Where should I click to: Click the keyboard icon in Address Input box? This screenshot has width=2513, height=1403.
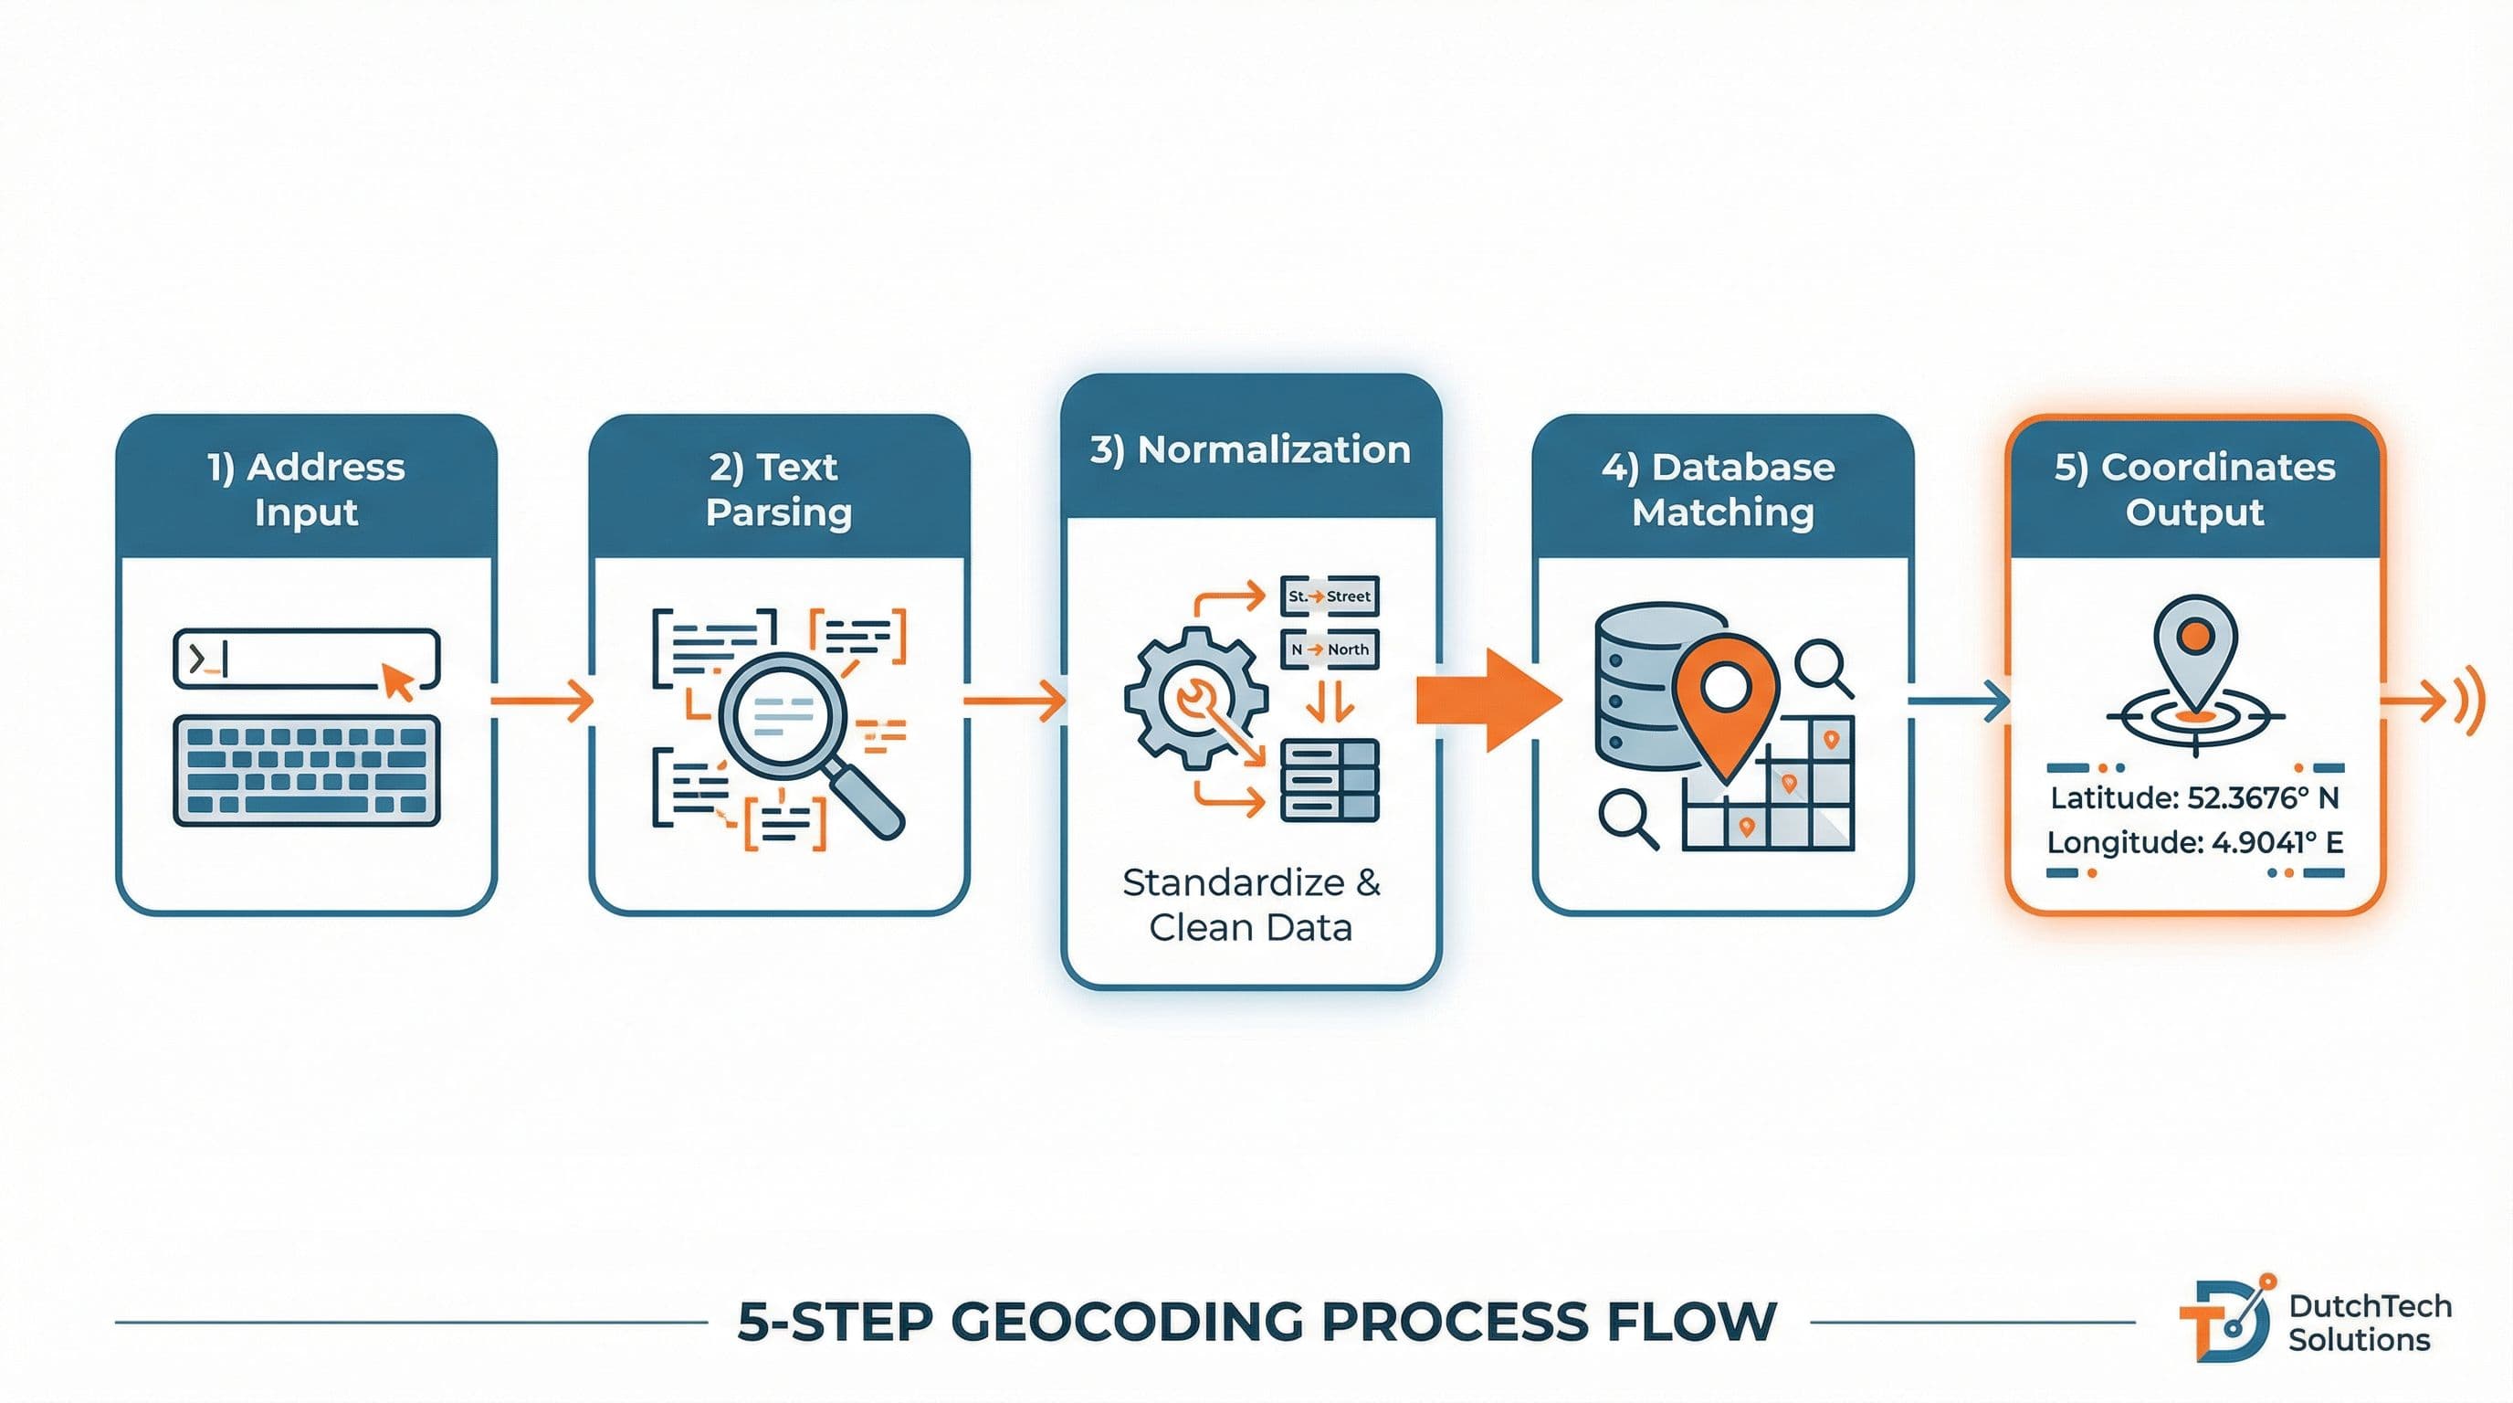coord(306,771)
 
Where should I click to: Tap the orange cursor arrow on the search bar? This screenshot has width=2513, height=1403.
coord(397,681)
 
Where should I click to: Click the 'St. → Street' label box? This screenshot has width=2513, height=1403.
coord(1329,596)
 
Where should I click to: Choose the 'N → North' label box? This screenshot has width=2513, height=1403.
coord(1329,649)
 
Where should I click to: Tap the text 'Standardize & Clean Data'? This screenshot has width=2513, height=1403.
coord(1251,904)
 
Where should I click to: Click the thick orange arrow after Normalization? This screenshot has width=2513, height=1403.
coord(1487,701)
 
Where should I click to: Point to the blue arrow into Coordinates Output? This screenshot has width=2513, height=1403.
coord(1957,701)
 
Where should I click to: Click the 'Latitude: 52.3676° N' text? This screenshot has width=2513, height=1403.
coord(2194,798)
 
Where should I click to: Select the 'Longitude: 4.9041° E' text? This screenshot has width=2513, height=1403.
coord(2194,842)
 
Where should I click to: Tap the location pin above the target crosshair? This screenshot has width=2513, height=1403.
coord(2195,649)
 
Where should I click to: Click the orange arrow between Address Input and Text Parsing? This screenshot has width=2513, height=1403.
coord(542,701)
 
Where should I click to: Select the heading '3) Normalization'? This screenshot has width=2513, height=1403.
coord(1251,449)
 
